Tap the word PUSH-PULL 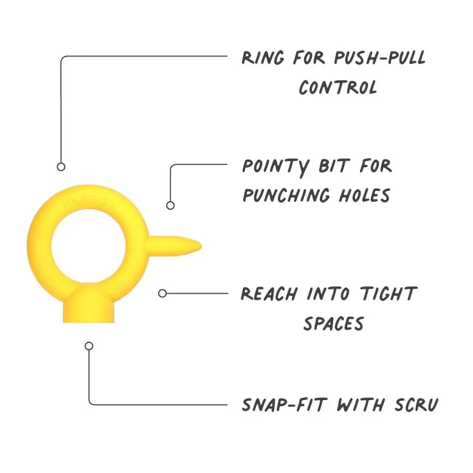(x=379, y=58)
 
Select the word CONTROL (x=337, y=88)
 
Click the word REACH (x=269, y=294)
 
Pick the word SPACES (x=333, y=323)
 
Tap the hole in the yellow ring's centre (x=89, y=247)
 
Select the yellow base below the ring (x=89, y=307)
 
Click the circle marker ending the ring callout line (x=61, y=167)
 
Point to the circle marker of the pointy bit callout (x=170, y=205)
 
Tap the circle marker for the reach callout (x=162, y=293)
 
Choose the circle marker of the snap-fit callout (x=89, y=346)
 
